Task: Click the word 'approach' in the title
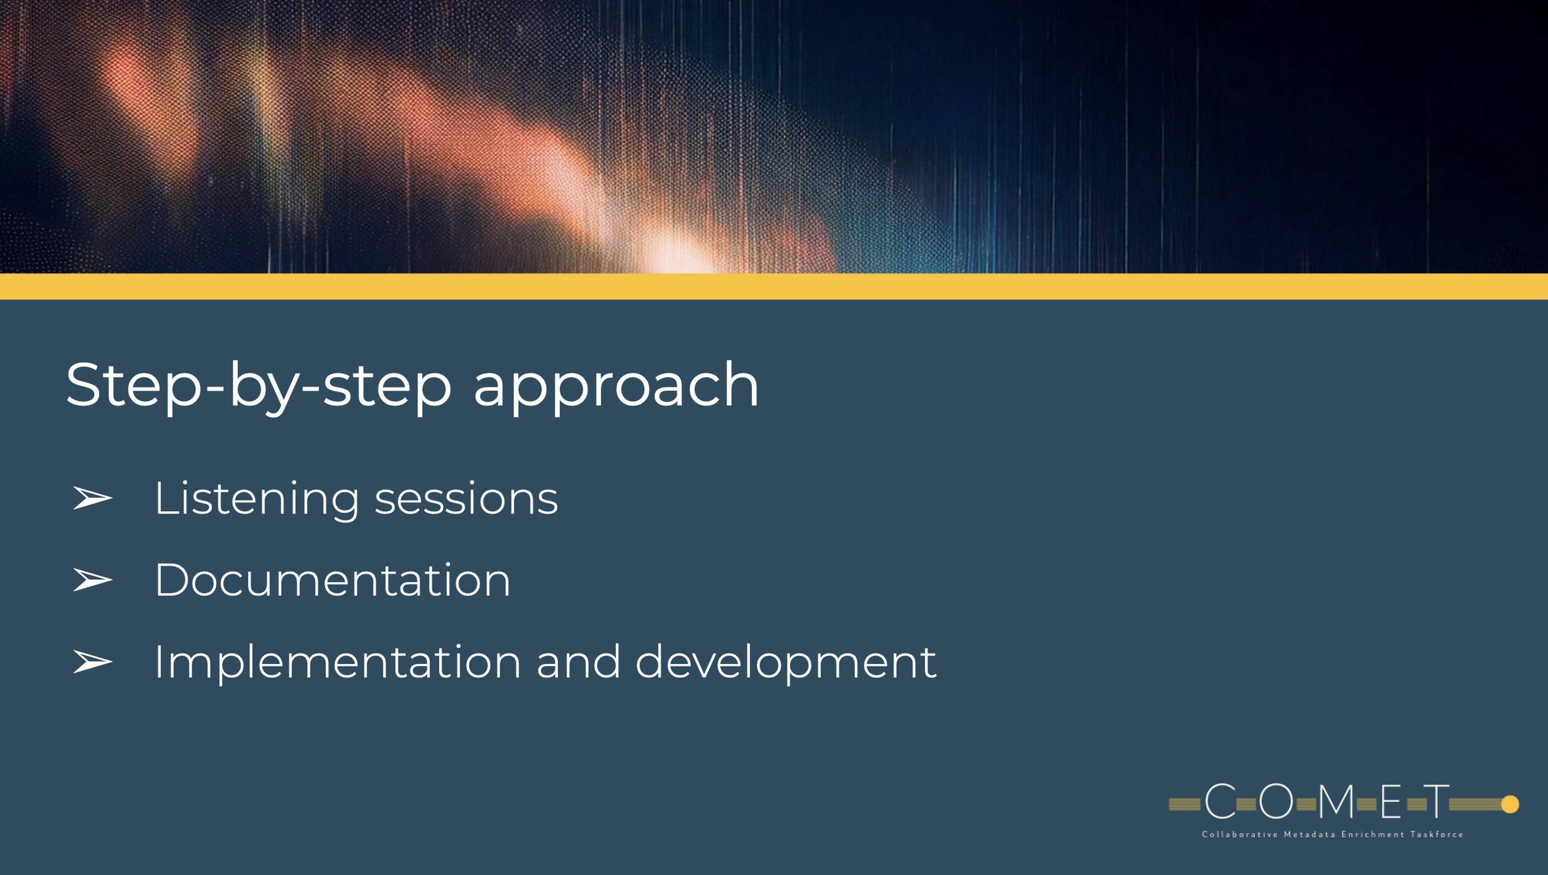(616, 387)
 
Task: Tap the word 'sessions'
(466, 500)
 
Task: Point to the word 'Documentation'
(333, 580)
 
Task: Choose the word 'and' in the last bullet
(578, 662)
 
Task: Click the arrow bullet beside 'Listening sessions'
(93, 498)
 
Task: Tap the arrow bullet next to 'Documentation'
(93, 580)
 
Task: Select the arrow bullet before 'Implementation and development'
(93, 662)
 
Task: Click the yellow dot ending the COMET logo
(1510, 804)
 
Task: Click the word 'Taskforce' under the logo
(1437, 835)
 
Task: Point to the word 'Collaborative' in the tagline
(1240, 835)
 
